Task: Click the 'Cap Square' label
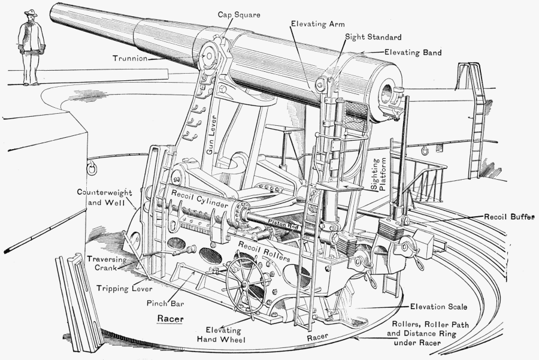(x=239, y=14)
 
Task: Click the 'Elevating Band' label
(x=413, y=53)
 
